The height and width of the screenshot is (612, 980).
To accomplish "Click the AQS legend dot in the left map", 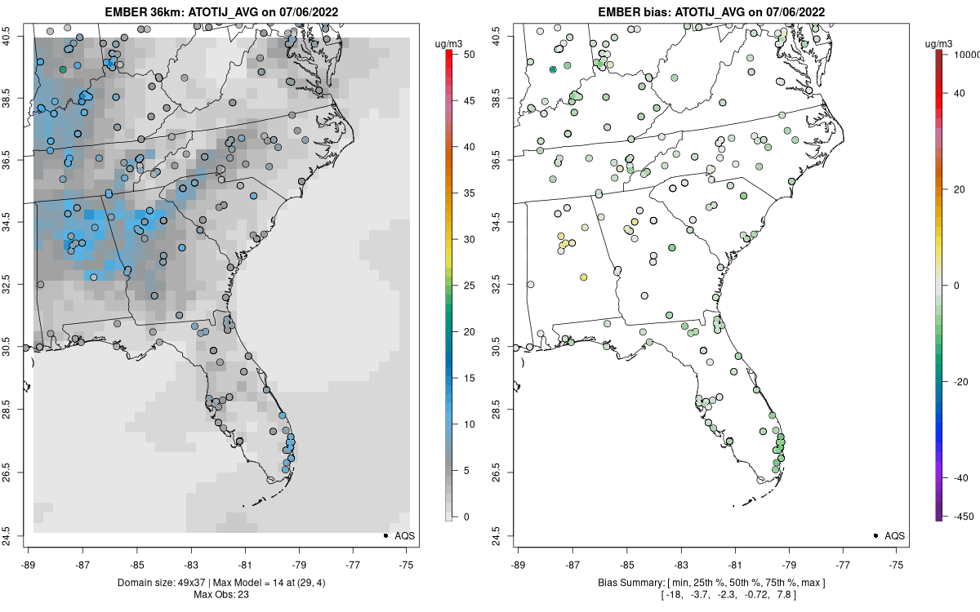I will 385,535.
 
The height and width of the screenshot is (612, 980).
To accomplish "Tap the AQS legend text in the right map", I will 894,535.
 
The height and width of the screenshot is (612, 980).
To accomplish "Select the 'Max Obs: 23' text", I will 221,595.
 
